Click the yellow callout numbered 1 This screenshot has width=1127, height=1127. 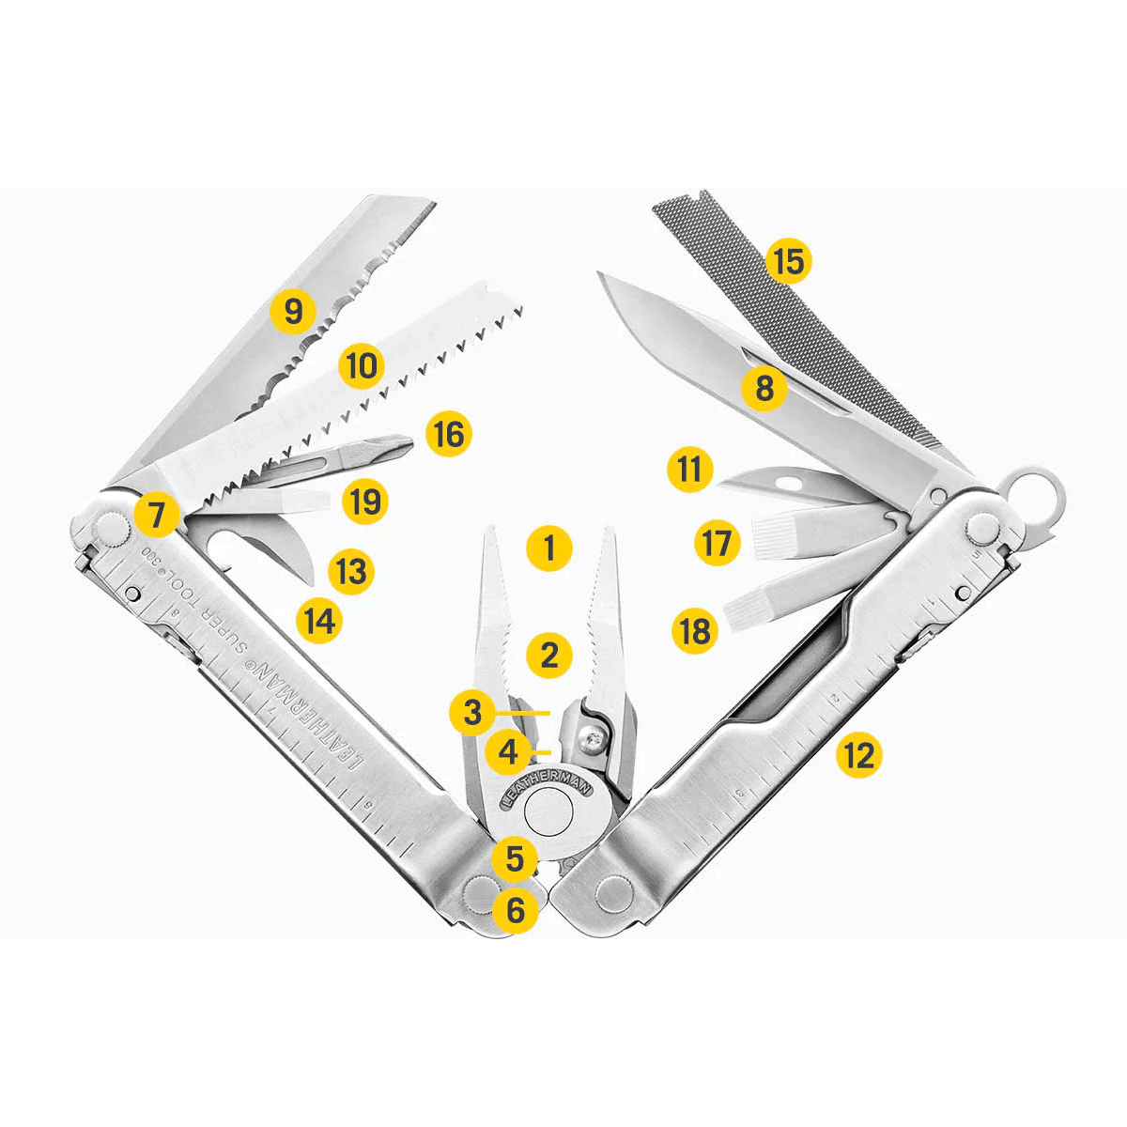[549, 547]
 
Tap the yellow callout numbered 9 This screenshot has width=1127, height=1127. [293, 311]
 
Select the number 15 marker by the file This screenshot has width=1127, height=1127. [788, 260]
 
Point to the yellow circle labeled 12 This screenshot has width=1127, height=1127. [858, 754]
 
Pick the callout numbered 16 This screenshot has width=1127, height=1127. [448, 434]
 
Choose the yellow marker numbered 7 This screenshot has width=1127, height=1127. [156, 515]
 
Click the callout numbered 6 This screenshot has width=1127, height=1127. [516, 908]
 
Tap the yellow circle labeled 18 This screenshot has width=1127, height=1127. [695, 630]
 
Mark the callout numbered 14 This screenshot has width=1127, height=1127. [319, 620]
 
